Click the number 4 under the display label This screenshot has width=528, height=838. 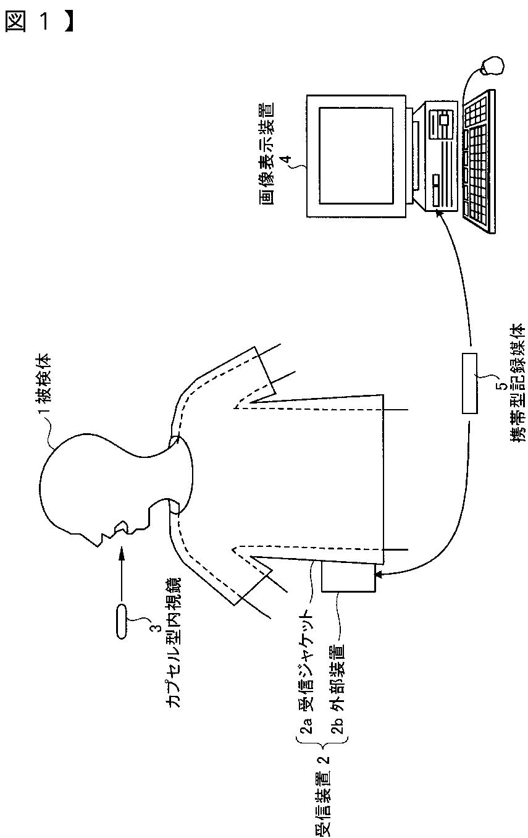click(286, 159)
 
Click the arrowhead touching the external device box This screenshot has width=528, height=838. click(378, 574)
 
